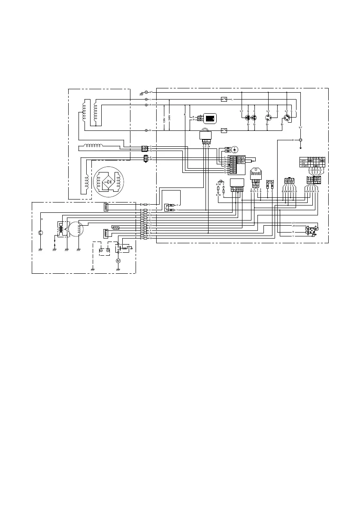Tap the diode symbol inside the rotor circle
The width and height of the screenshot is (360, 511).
(x=109, y=182)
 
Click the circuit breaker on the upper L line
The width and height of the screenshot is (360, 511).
(x=224, y=99)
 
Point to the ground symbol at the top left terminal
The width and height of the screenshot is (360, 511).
(x=142, y=94)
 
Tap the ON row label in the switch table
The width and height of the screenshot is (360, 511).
(x=304, y=163)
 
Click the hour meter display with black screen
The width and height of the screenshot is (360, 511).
(x=210, y=118)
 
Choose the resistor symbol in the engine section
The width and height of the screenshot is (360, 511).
(x=115, y=227)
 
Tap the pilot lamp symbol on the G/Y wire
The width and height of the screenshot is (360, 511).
(x=300, y=140)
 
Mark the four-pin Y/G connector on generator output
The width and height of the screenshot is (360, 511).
(x=145, y=149)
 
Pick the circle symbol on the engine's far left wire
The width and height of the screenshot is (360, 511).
(x=40, y=233)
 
